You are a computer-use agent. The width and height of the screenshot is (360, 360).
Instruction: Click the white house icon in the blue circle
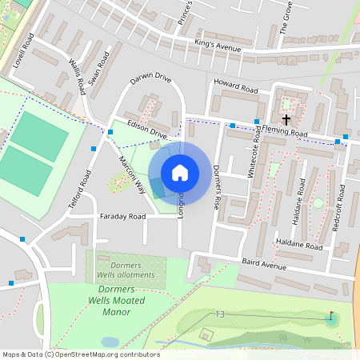180,173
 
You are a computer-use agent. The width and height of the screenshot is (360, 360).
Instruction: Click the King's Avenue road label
218,46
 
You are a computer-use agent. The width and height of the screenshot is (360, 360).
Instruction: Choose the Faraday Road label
122,217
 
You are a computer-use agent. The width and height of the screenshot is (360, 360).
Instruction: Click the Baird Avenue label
263,266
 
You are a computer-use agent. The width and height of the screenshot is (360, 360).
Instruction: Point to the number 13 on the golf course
220,314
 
